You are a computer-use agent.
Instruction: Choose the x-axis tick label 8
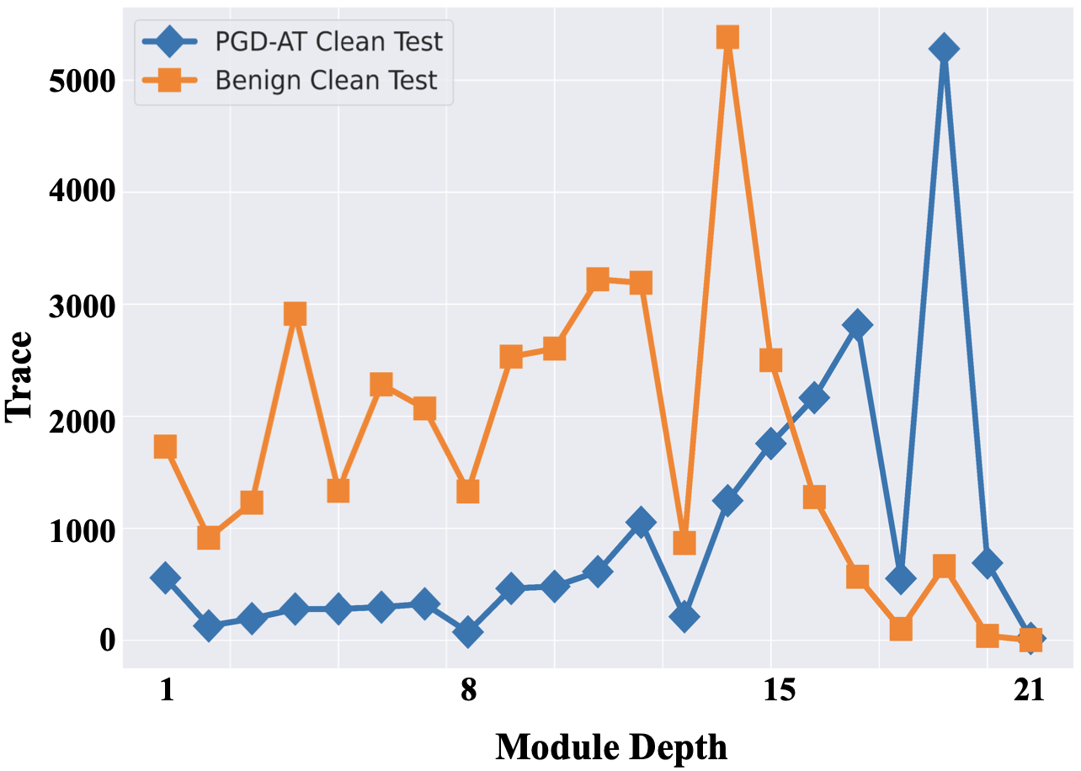(x=468, y=691)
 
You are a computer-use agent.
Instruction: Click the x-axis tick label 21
(x=1029, y=691)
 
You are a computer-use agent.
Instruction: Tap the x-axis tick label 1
(x=166, y=691)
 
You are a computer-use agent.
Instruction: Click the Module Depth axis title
(x=611, y=746)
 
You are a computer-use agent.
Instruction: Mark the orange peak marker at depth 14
(x=727, y=37)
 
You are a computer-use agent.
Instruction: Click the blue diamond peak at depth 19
(x=944, y=49)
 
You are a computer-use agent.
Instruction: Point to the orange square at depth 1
(x=165, y=446)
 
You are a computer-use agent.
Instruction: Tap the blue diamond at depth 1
(x=165, y=577)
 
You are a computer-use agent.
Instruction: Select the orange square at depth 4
(x=295, y=314)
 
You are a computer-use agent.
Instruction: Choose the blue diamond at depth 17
(x=857, y=324)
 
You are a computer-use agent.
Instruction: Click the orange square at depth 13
(x=684, y=543)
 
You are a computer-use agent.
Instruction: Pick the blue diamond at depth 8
(x=468, y=631)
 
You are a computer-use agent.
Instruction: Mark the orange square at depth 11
(x=598, y=279)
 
